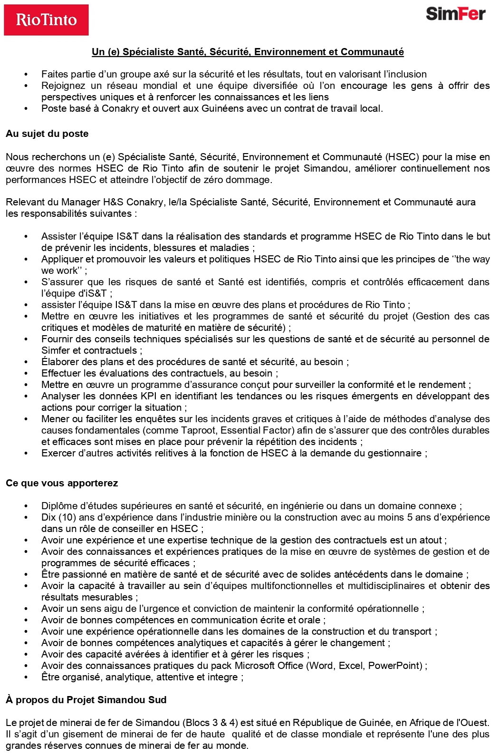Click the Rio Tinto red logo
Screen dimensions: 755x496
point(46,20)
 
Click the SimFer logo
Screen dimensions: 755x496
point(455,14)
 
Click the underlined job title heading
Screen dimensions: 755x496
point(248,52)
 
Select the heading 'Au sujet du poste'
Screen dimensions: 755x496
point(47,134)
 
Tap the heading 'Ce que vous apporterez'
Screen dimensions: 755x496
point(62,483)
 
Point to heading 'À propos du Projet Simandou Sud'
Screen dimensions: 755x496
point(86,700)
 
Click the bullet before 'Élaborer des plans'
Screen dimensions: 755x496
point(27,362)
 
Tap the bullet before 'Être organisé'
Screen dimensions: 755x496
point(27,677)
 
